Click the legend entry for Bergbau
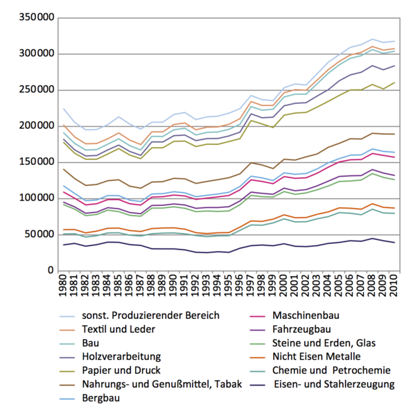point(101,398)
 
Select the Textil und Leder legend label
point(118,329)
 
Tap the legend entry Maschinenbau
point(306,315)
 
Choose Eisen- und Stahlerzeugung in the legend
point(334,384)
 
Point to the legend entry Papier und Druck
point(121,370)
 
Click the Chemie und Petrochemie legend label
point(331,370)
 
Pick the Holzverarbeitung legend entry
point(121,356)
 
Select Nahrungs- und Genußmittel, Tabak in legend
point(162,384)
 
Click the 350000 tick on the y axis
point(37,17)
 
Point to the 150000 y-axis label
point(37,162)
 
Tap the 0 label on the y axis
point(51,270)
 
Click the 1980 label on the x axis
point(63,286)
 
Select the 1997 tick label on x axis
point(250,286)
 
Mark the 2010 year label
point(394,286)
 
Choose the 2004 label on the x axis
point(328,286)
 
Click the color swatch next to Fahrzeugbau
point(257,330)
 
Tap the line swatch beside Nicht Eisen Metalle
point(257,357)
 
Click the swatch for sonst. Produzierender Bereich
point(67,317)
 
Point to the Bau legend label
point(91,343)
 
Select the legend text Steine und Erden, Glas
point(324,343)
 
